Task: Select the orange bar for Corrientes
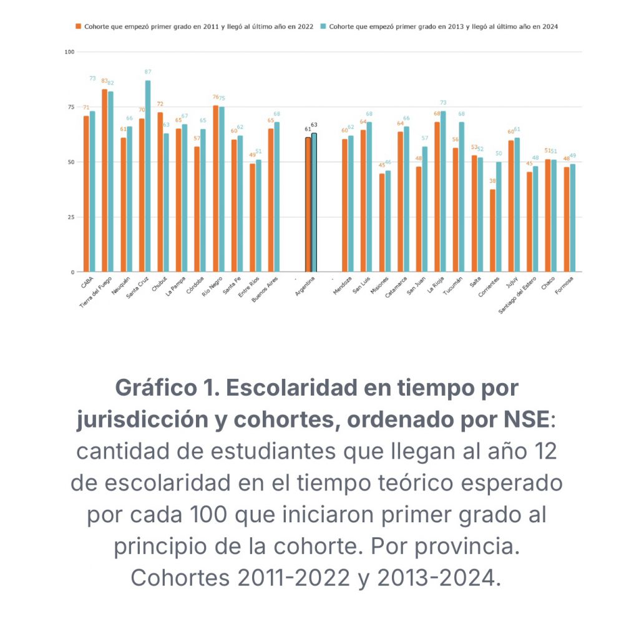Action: tap(493, 230)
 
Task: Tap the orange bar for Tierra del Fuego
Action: tap(105, 180)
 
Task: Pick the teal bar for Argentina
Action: tap(314, 202)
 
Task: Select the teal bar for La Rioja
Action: tap(443, 191)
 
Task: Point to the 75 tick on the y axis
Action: tap(70, 107)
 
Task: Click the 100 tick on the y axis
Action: tap(69, 52)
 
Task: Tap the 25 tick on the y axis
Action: tap(70, 217)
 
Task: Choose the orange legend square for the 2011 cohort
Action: tap(79, 27)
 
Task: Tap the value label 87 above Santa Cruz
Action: tap(148, 72)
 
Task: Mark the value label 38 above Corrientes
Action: tap(492, 181)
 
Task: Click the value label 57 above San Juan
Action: tap(425, 139)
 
